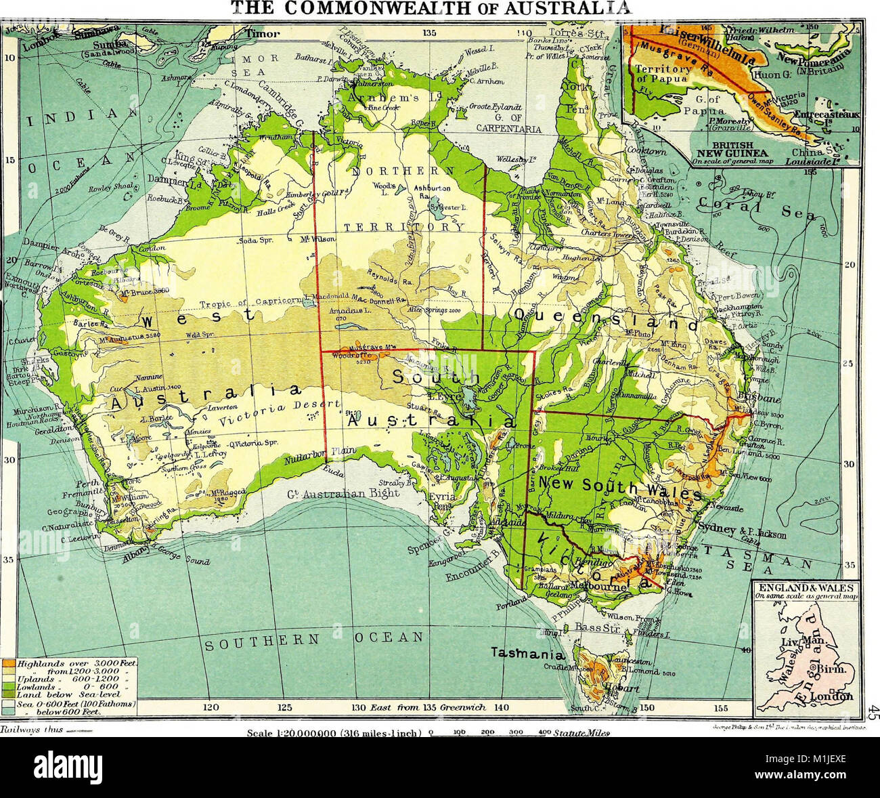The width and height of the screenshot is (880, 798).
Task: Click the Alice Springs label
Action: tap(442, 309)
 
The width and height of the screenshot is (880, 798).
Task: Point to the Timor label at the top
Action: tap(261, 33)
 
